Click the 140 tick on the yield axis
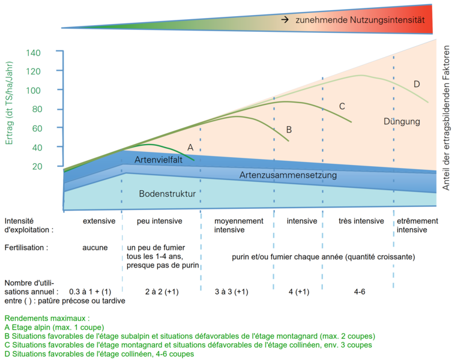coord(33,53)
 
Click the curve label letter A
coord(190,147)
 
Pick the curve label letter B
coord(289,129)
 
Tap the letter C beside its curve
coord(342,106)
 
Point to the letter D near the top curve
coord(417,83)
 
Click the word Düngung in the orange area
coord(402,122)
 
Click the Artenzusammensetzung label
coord(288,175)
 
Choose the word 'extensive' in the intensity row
coord(99,221)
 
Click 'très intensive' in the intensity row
coord(361,221)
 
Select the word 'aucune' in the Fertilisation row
coord(95,247)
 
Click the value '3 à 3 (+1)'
coord(232,291)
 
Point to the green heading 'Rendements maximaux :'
coord(47,318)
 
